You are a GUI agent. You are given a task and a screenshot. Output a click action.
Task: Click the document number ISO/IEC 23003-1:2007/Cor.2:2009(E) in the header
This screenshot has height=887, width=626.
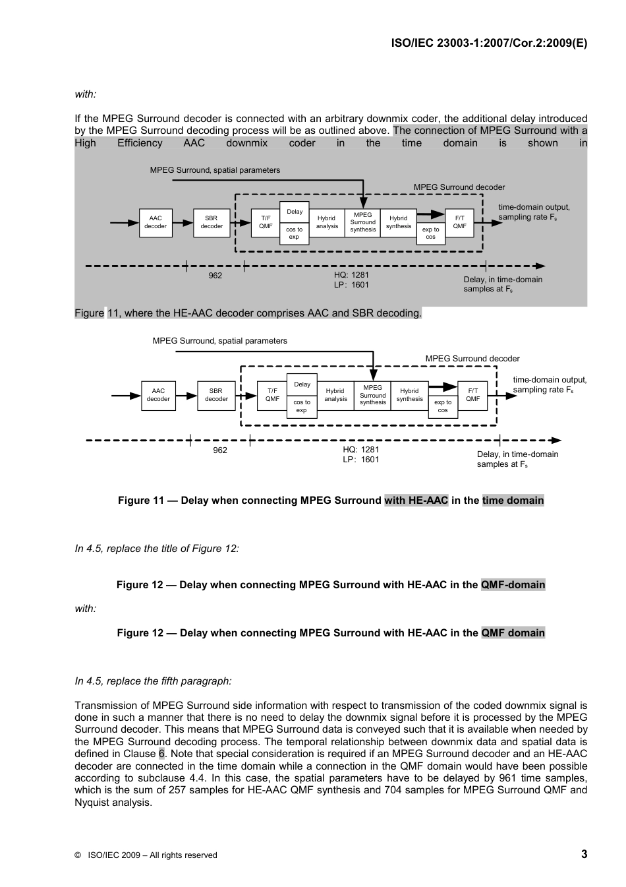[489, 43]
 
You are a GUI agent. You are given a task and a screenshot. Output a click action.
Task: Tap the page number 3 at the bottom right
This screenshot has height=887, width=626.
[584, 854]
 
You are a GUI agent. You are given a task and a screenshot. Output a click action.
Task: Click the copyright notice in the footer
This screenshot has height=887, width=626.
[146, 855]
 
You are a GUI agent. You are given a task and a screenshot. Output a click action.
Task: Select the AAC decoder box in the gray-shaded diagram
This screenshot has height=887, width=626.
[156, 222]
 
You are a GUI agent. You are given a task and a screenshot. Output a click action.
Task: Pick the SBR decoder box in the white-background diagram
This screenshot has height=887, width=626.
[216, 395]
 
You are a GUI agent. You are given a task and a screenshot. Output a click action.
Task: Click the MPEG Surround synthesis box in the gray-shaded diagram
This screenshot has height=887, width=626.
[362, 222]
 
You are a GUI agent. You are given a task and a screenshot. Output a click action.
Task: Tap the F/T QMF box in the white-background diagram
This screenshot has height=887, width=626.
[472, 395]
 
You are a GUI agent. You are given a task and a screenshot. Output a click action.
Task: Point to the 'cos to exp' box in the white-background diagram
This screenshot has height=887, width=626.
[302, 406]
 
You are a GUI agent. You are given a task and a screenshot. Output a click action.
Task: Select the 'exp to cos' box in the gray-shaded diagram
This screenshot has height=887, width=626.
[430, 233]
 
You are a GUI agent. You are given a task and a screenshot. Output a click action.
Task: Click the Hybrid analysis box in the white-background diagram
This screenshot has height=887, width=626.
[335, 395]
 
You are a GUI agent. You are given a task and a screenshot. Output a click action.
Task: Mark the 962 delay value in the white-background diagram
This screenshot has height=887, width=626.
[220, 450]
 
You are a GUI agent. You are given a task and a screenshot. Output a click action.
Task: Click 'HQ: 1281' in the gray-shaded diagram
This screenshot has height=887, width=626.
[351, 275]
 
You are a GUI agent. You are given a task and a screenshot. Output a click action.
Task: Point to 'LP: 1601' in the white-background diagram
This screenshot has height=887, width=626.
[360, 460]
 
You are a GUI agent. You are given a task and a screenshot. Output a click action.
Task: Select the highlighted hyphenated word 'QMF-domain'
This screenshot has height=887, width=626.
[513, 585]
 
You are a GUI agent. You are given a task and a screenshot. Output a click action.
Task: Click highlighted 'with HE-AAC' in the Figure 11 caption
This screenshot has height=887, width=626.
[416, 501]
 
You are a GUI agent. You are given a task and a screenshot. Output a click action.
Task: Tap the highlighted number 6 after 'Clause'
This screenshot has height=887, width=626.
[161, 754]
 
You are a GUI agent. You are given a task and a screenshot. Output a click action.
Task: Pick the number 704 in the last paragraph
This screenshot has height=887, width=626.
[393, 790]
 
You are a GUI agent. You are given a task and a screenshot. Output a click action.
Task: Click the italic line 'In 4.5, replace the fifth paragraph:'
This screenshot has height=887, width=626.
[153, 681]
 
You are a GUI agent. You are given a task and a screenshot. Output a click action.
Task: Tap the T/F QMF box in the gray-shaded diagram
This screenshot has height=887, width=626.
[266, 222]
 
